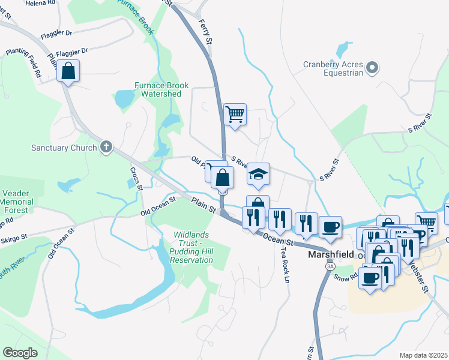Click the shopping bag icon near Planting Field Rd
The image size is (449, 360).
click(68, 71)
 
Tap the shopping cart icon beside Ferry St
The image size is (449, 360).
click(235, 113)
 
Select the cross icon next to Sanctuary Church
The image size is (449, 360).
click(106, 147)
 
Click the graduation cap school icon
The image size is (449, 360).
click(259, 174)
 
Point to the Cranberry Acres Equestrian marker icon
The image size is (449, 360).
click(372, 68)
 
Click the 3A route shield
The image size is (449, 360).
click(329, 266)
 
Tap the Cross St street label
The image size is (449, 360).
click(135, 179)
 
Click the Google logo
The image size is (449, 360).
click(20, 352)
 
